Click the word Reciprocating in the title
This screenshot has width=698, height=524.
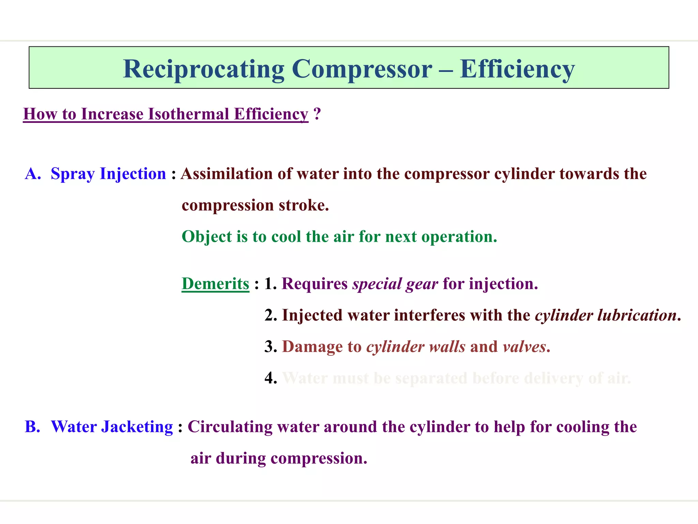pyautogui.click(x=203, y=69)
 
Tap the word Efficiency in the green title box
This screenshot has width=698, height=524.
pyautogui.click(x=517, y=69)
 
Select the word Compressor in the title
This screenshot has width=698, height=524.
pyautogui.click(x=362, y=69)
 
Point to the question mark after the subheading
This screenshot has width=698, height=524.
pyautogui.click(x=317, y=114)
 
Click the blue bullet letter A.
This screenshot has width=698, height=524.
pyautogui.click(x=33, y=174)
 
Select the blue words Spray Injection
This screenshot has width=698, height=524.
pyautogui.click(x=108, y=174)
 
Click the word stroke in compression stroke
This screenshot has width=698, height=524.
pyautogui.click(x=303, y=205)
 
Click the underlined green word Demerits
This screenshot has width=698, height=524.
pyautogui.click(x=215, y=284)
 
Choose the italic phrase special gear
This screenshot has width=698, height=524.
pyautogui.click(x=395, y=284)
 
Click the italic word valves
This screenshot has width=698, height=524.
pyautogui.click(x=524, y=347)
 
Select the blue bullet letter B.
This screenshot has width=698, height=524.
pyautogui.click(x=33, y=427)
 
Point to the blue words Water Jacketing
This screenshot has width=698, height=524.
pyautogui.click(x=112, y=427)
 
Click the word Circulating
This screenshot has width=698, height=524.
pyautogui.click(x=230, y=427)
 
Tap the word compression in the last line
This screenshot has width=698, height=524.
pyautogui.click(x=318, y=458)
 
